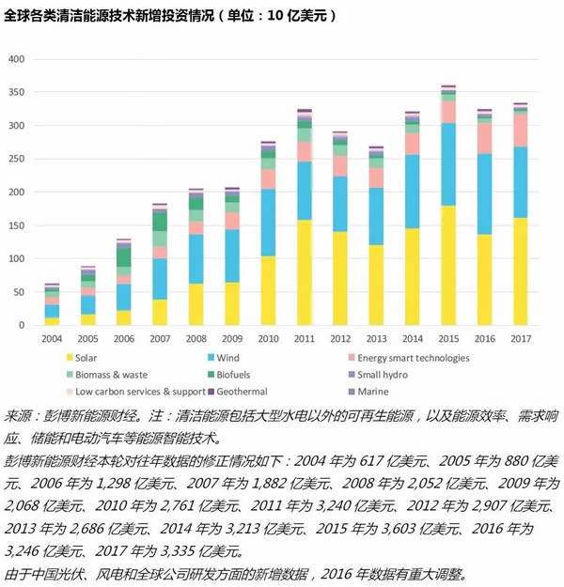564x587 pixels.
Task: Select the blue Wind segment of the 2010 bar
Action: [x=268, y=223]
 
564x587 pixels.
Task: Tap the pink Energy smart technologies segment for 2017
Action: [x=520, y=130]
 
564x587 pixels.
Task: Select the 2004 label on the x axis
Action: [x=52, y=338]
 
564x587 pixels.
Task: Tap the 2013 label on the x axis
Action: [x=376, y=338]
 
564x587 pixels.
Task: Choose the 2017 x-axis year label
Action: [x=520, y=338]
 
